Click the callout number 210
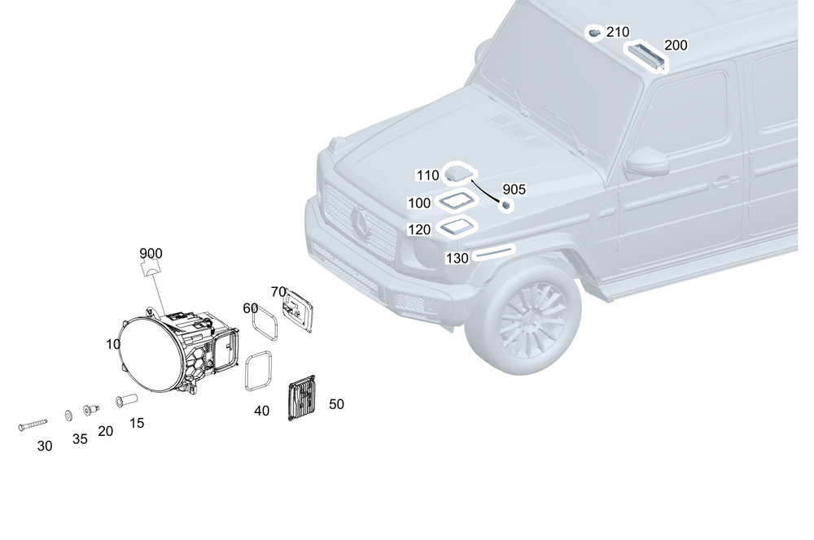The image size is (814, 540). pos(618,32)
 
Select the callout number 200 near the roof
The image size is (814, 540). pos(675,46)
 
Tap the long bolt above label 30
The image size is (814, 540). pos(34,425)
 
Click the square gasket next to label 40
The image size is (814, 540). pos(259,372)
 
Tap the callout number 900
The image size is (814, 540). pos(151,253)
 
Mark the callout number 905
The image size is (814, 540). pos(514,189)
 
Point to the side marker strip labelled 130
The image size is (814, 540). pos(494,252)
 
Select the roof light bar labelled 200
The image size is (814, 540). pos(647,57)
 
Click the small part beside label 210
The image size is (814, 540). pos(595,33)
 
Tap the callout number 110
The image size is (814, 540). pos(427,175)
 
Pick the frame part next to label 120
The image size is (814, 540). pos(457,227)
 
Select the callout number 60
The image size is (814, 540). pos(250,308)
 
